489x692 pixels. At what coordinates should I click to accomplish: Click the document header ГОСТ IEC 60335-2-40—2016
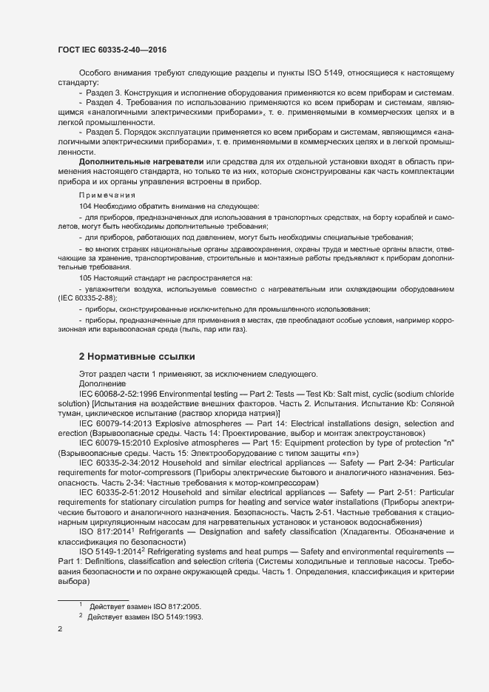point(111,50)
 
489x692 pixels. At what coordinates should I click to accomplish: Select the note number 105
point(85,278)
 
